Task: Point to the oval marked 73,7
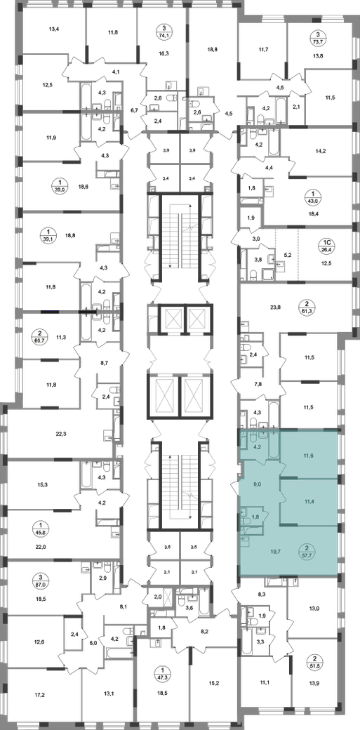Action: (x=318, y=38)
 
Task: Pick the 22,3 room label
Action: (x=60, y=434)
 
